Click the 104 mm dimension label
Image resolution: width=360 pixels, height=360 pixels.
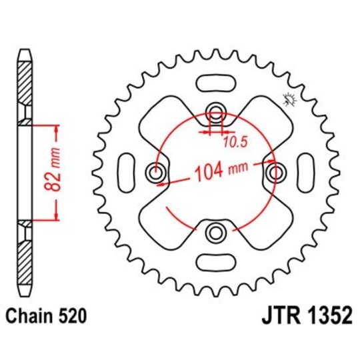219,174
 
